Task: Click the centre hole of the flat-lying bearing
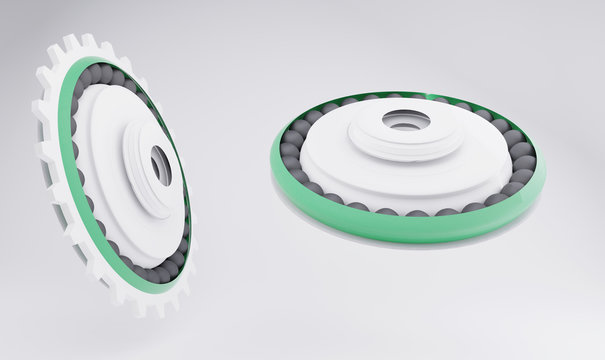click(406, 121)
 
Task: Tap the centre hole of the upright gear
click(161, 165)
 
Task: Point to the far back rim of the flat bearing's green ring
click(400, 93)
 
